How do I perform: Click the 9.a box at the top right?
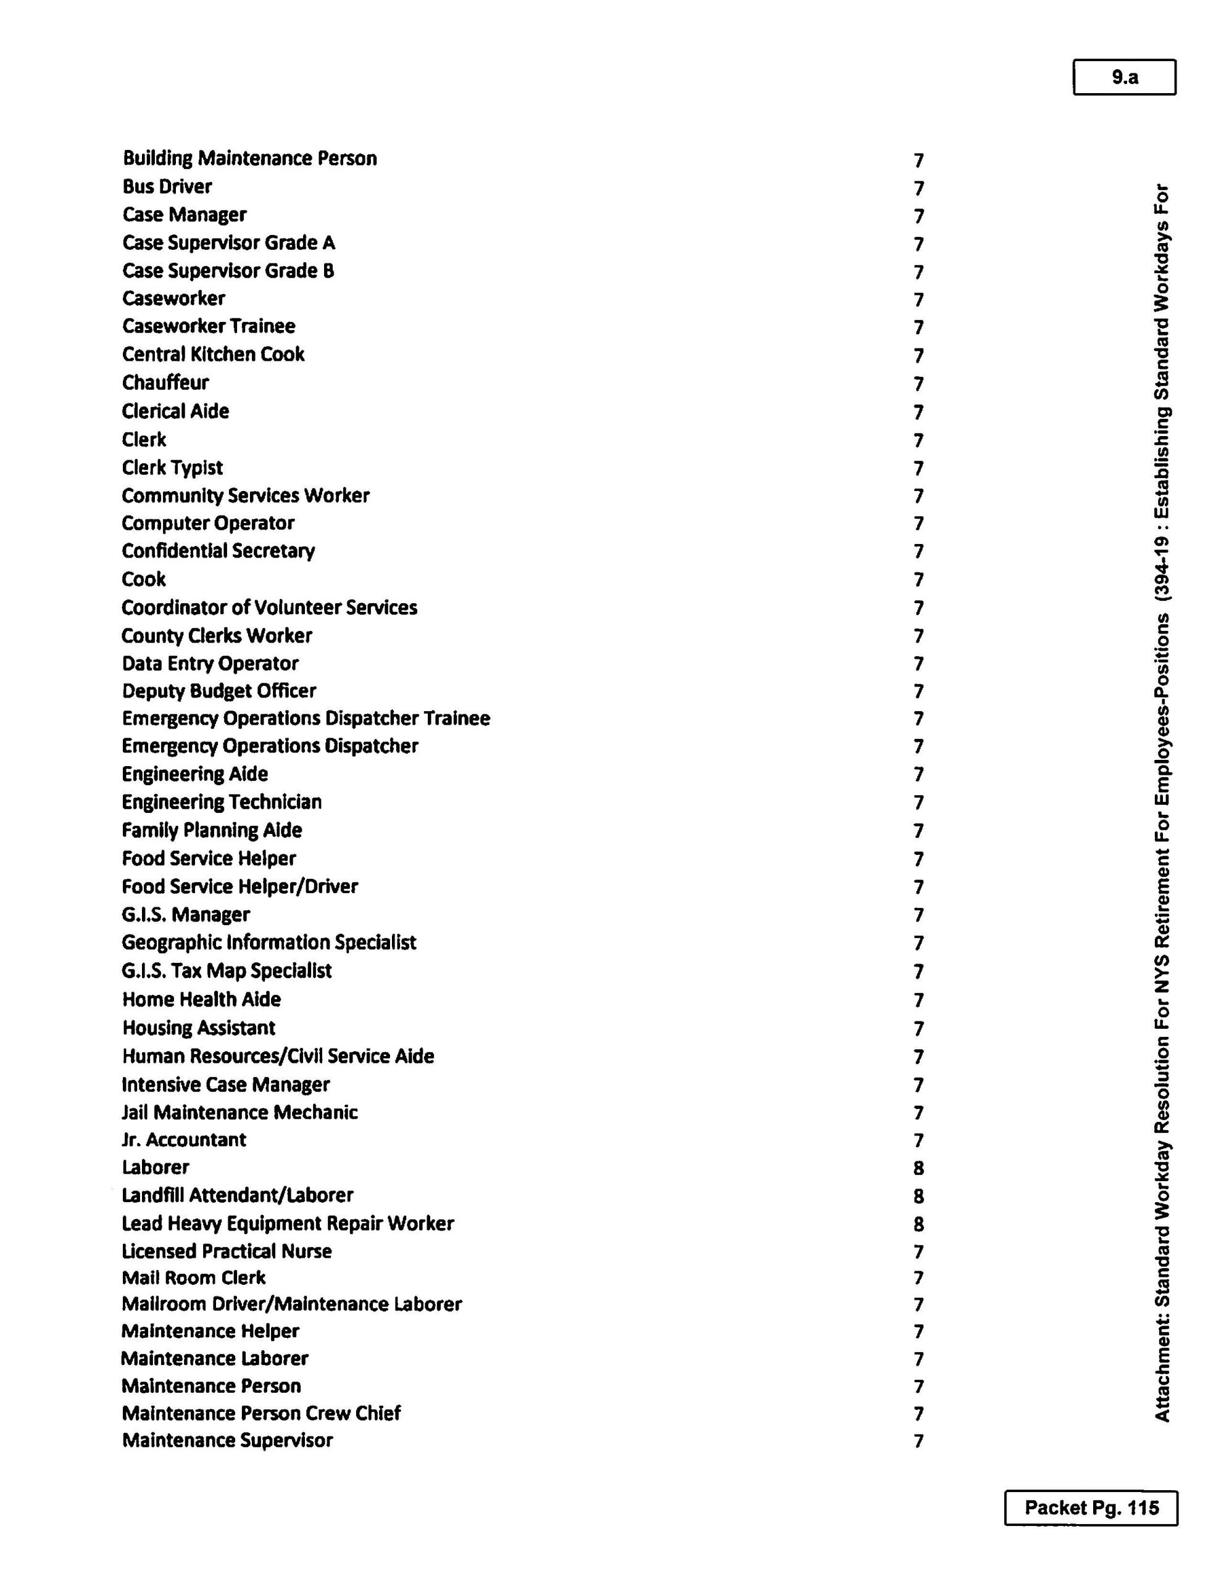pyautogui.click(x=1123, y=77)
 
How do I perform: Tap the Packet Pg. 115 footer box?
pyautogui.click(x=1090, y=1507)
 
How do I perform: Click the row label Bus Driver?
pyautogui.click(x=167, y=186)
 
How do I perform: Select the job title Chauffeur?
pyautogui.click(x=165, y=382)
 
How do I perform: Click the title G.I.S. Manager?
pyautogui.click(x=185, y=915)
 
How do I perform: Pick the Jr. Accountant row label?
pyautogui.click(x=184, y=1140)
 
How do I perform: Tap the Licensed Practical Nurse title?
pyautogui.click(x=227, y=1251)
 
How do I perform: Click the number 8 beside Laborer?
pyautogui.click(x=918, y=1168)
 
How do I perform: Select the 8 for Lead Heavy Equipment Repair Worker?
pyautogui.click(x=918, y=1224)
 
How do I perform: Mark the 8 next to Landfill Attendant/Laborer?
pyautogui.click(x=918, y=1197)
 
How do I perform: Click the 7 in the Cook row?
pyautogui.click(x=918, y=580)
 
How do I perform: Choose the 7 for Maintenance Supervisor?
pyautogui.click(x=918, y=1441)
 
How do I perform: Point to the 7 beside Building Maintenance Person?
pyautogui.click(x=918, y=160)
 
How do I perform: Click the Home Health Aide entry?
pyautogui.click(x=201, y=999)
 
